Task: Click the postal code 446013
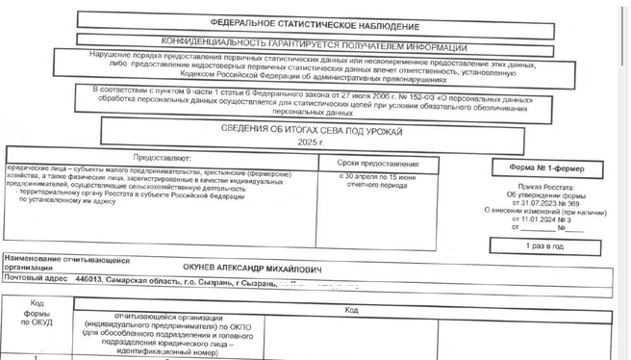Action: [88, 285]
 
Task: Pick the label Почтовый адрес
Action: [38, 285]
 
